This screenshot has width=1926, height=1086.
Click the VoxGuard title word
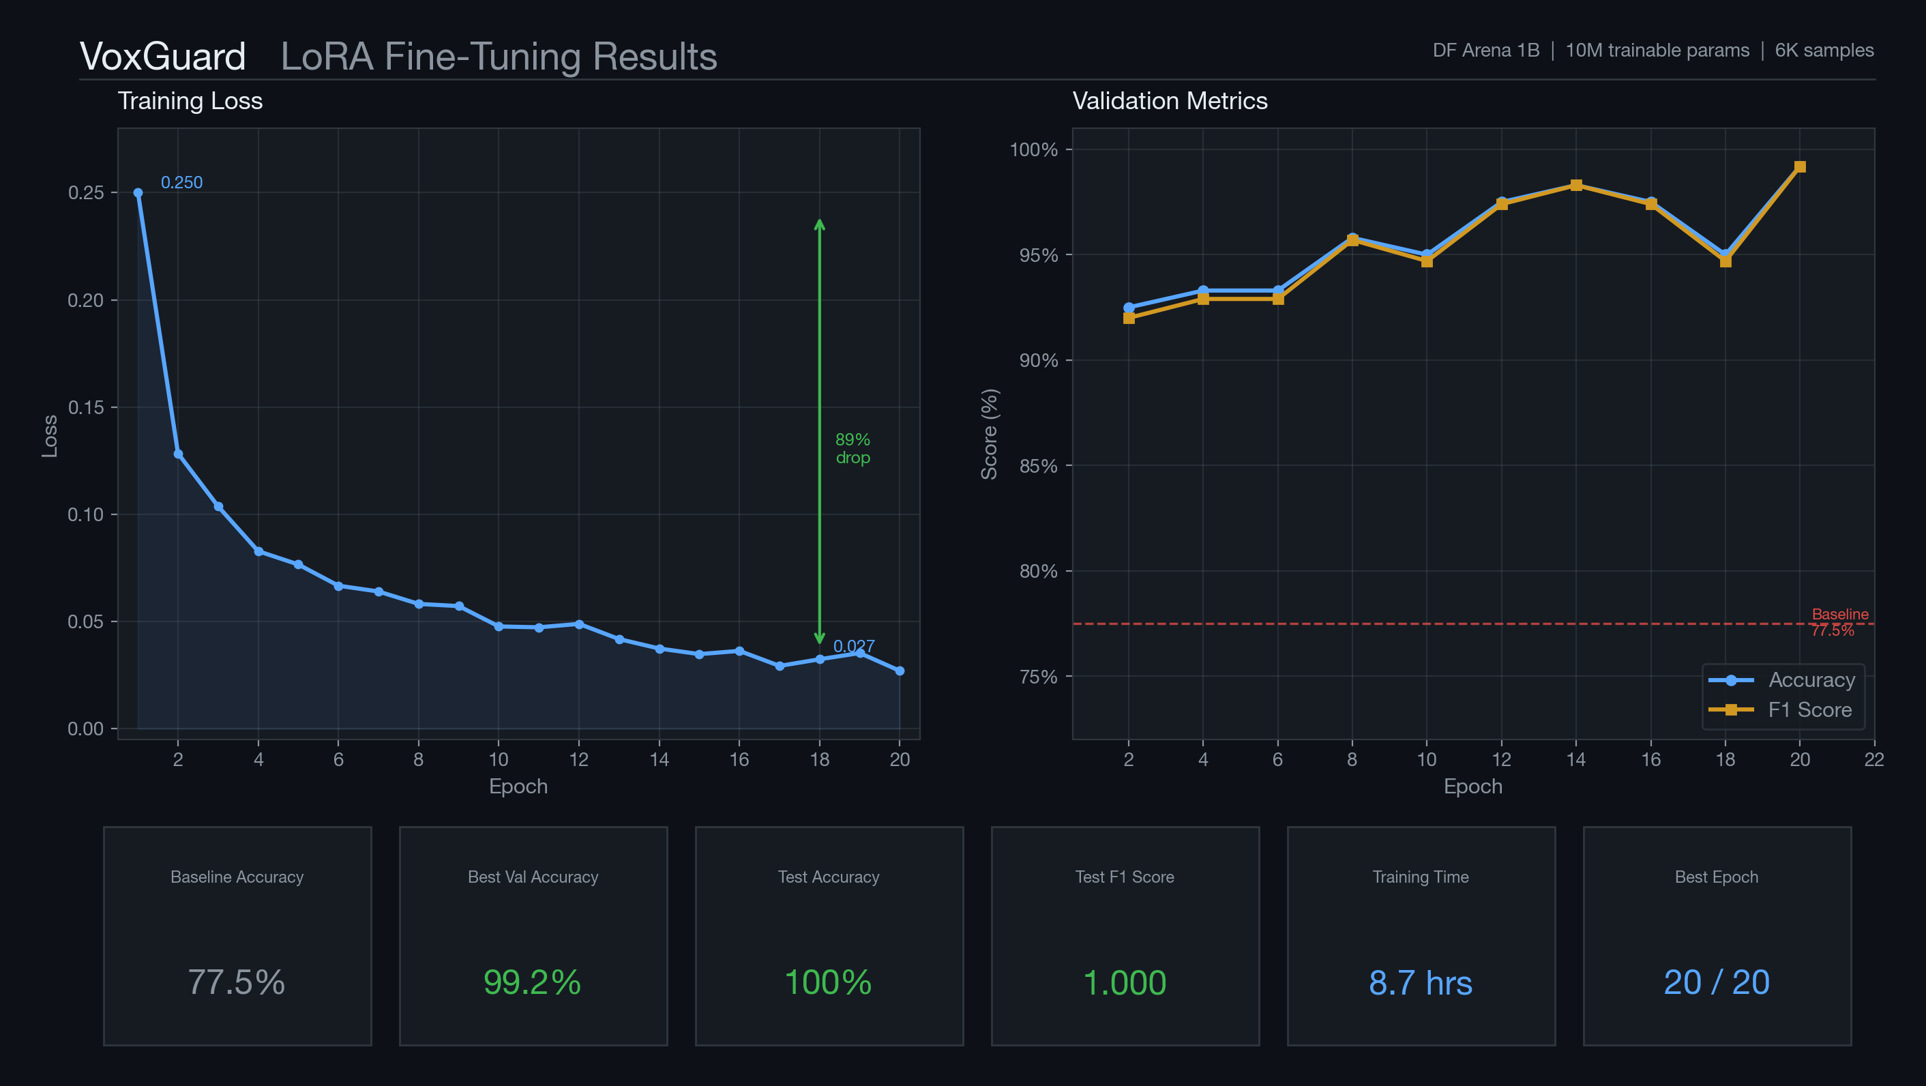click(162, 57)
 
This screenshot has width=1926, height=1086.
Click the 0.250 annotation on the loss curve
click(181, 183)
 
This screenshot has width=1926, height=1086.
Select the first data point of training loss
click(138, 193)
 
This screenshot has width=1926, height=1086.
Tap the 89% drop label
click(853, 448)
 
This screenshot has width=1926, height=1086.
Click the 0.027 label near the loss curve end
click(853, 645)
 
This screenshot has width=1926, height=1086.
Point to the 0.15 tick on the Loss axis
click(86, 408)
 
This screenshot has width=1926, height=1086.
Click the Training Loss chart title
click(190, 101)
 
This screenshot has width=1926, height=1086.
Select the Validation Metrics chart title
click(1170, 101)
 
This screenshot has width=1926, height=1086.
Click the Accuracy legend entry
click(1810, 680)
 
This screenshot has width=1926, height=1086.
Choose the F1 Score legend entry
click(1809, 710)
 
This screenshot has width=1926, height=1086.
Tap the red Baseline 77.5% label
click(1839, 621)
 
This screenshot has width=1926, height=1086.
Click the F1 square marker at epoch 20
click(1800, 167)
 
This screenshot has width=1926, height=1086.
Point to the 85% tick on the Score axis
click(1039, 466)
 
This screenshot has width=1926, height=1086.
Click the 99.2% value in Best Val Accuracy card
click(531, 982)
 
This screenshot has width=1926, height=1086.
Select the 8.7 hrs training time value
click(1420, 982)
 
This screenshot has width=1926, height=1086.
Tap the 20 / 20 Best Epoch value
click(1716, 982)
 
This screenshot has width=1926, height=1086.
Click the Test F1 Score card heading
click(1124, 877)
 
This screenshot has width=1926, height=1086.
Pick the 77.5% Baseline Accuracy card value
click(236, 982)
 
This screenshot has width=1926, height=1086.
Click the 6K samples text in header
click(1824, 50)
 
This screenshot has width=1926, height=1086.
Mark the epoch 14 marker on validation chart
click(1575, 186)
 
